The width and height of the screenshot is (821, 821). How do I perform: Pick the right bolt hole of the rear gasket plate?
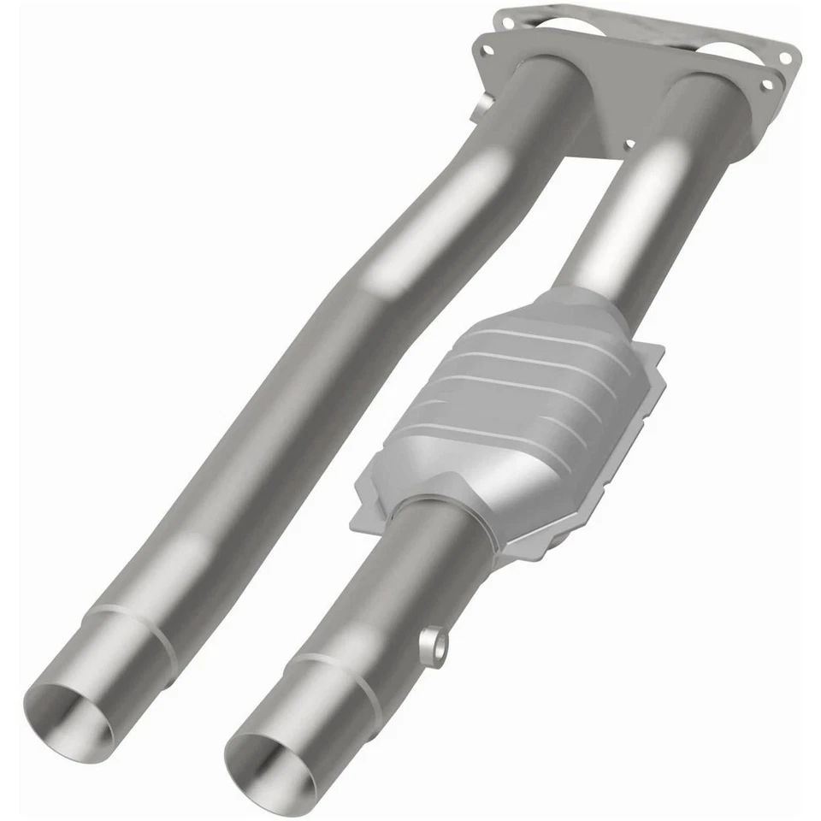tap(783, 56)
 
